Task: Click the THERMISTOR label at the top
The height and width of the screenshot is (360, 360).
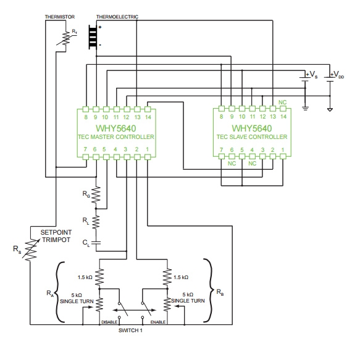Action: point(60,17)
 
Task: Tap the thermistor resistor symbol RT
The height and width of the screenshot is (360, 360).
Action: point(66,39)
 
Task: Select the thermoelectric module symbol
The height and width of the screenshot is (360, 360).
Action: point(93,36)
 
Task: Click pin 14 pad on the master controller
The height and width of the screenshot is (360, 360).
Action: point(148,109)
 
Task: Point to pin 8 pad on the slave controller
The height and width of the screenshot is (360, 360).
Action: point(221,108)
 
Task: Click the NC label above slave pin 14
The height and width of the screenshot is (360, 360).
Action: point(282,102)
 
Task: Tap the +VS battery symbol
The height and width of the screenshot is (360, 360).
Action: point(305,79)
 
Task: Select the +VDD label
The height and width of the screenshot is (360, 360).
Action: point(337,74)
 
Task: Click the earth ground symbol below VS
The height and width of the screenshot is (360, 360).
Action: point(305,108)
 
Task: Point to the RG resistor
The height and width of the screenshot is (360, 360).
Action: point(96,195)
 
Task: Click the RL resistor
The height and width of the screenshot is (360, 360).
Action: point(96,222)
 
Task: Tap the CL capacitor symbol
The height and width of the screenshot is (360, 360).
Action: point(96,243)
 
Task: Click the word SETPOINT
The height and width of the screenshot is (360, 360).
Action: point(56,232)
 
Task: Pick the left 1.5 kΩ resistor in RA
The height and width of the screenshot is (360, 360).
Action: point(99,277)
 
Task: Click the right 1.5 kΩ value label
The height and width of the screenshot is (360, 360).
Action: point(181,277)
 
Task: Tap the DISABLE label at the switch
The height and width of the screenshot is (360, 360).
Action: point(109,322)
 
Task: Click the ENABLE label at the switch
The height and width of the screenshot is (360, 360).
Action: point(158,322)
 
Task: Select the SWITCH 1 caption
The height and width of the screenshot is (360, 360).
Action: point(130,330)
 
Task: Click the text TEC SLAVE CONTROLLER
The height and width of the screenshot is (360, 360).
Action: point(252,137)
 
